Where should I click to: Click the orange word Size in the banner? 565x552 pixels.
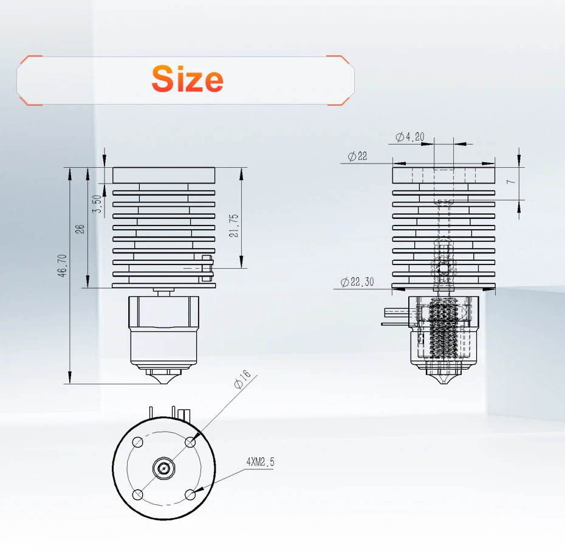pyautogui.click(x=187, y=78)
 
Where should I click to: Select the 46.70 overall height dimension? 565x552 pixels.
pyautogui.click(x=62, y=266)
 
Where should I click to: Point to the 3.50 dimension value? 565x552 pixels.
pyautogui.click(x=97, y=204)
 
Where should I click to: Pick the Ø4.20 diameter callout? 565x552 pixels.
pyautogui.click(x=409, y=137)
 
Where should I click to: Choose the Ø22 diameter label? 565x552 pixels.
pyautogui.click(x=357, y=156)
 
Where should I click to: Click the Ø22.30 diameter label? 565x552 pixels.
pyautogui.click(x=357, y=281)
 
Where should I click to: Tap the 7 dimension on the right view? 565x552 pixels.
pyautogui.click(x=512, y=181)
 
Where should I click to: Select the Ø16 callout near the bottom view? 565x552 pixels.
pyautogui.click(x=242, y=379)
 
